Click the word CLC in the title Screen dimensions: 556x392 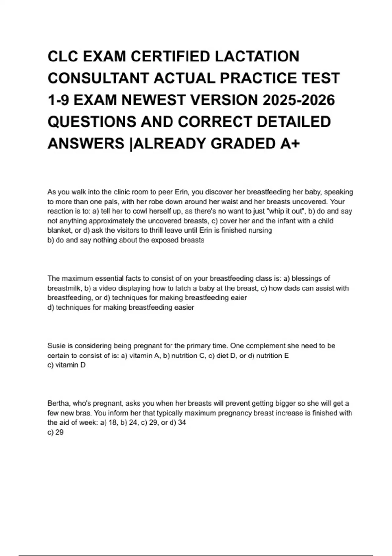[63, 57]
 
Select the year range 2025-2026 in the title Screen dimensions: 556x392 [298, 100]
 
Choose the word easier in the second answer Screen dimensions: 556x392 [184, 307]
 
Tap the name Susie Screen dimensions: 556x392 [57, 346]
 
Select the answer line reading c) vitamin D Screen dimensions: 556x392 [66, 365]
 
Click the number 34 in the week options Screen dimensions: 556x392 [182, 423]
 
